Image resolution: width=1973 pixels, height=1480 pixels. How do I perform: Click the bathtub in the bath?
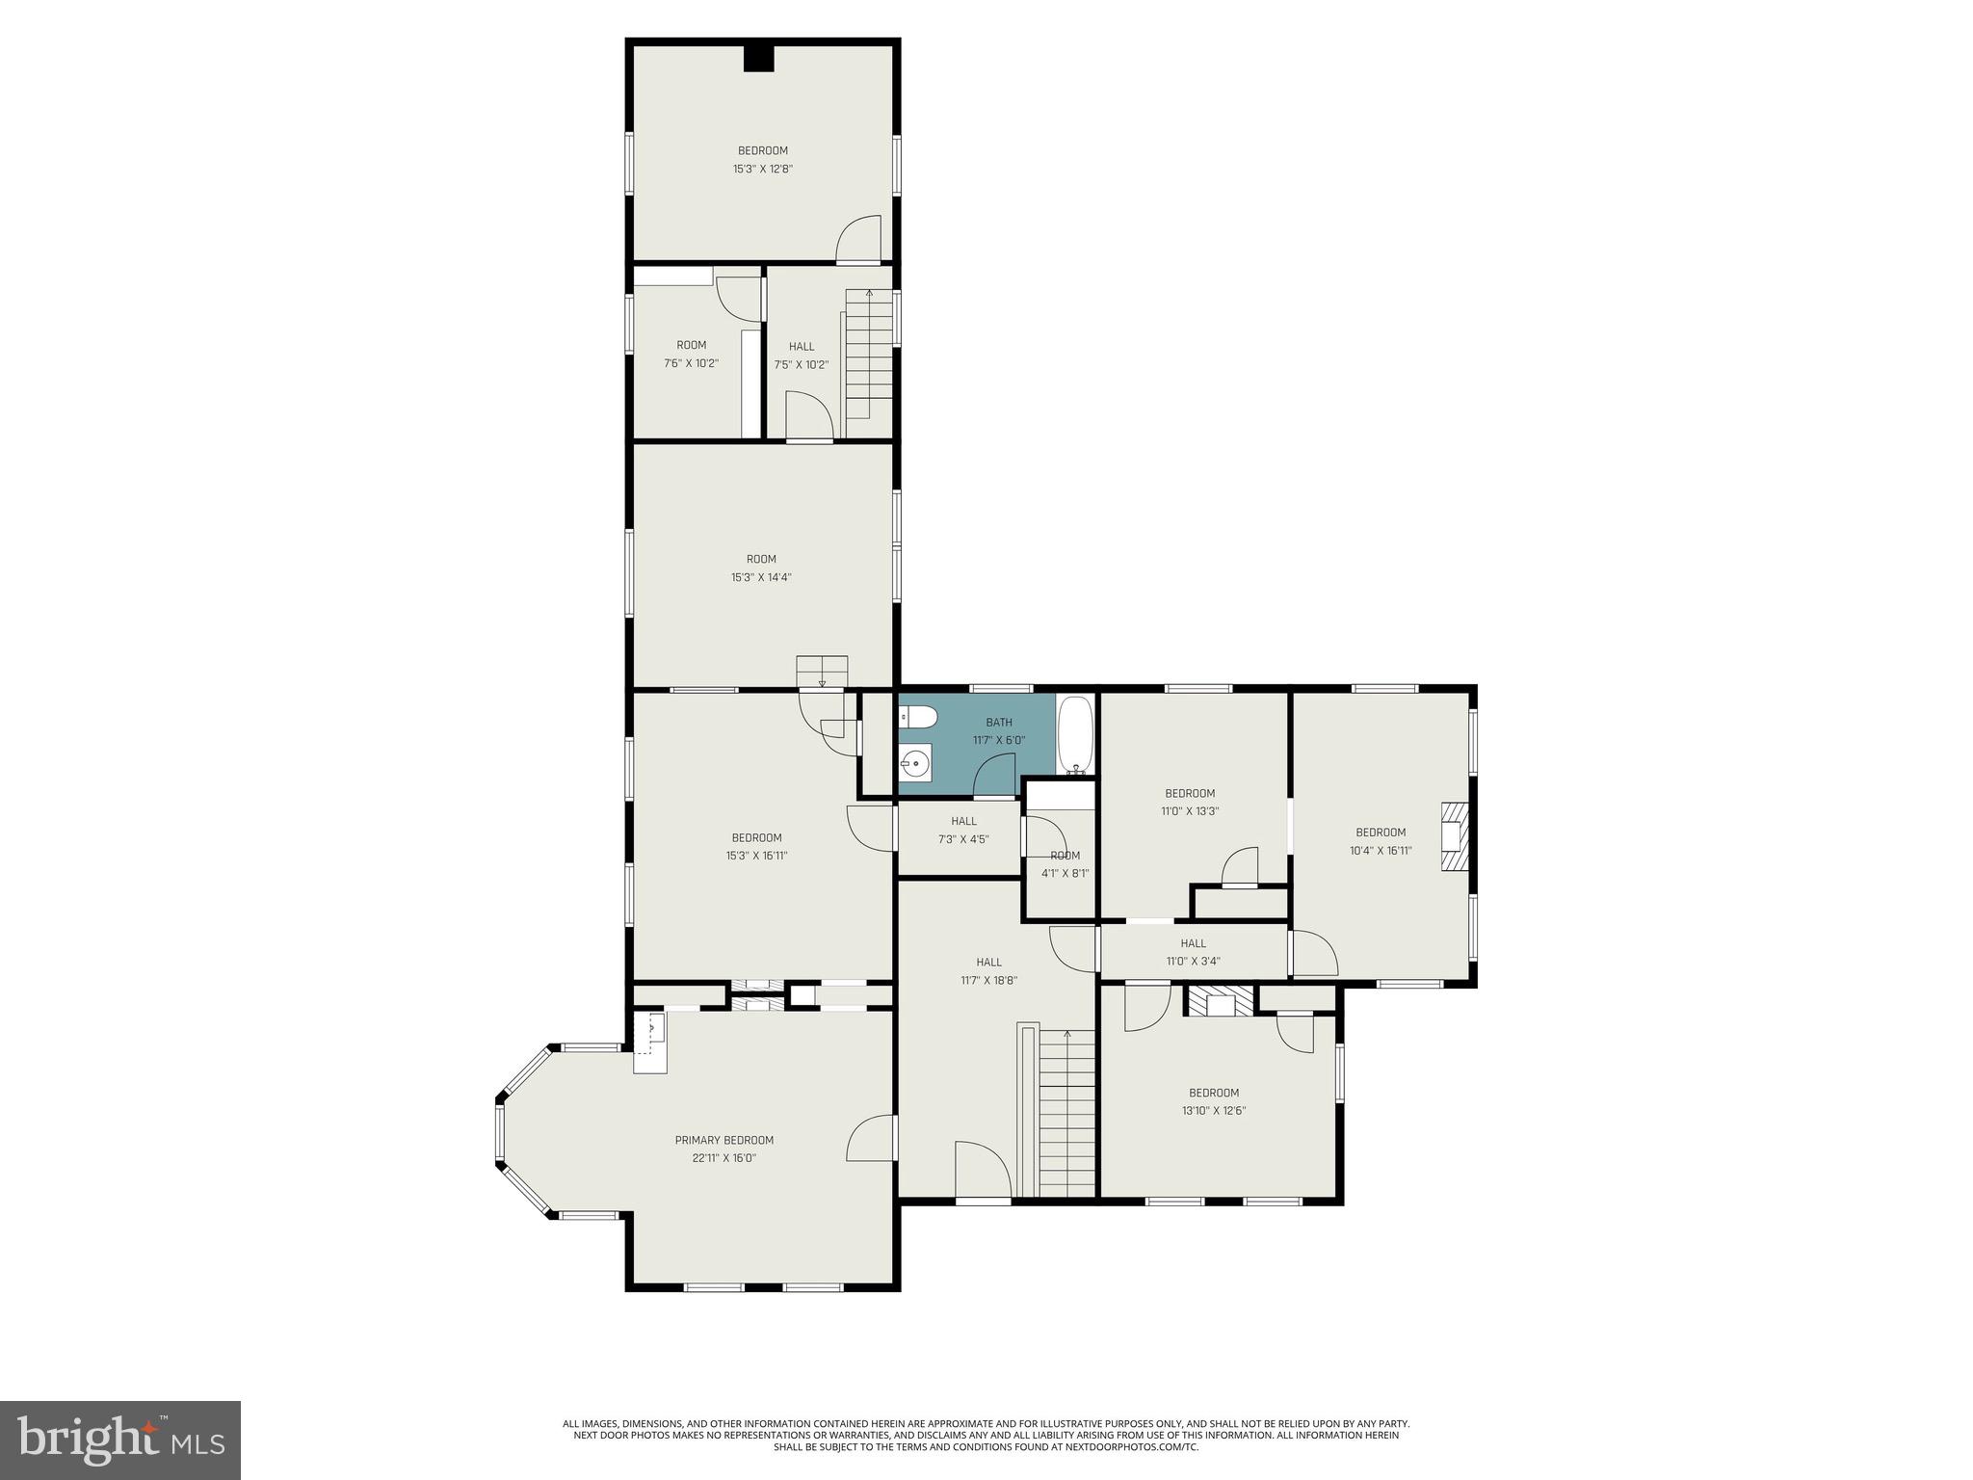click(1075, 734)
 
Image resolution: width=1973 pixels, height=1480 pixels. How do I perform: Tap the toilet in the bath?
click(917, 717)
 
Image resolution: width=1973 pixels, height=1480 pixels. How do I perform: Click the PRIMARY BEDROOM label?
click(723, 1140)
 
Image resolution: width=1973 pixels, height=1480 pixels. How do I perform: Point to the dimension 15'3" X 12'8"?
click(762, 169)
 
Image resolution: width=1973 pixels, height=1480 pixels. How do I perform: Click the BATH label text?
click(998, 723)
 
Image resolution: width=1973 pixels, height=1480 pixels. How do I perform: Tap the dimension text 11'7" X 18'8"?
click(988, 980)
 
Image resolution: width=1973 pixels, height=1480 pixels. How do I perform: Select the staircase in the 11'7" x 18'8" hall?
click(1066, 1113)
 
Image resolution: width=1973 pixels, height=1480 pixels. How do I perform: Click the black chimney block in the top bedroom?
click(759, 59)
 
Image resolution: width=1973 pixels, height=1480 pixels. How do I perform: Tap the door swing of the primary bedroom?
click(872, 1138)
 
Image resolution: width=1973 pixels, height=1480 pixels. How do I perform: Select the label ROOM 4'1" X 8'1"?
click(1065, 864)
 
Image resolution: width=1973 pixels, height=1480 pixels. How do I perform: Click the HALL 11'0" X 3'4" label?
click(1193, 952)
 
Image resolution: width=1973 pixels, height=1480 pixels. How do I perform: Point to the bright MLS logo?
click(120, 1440)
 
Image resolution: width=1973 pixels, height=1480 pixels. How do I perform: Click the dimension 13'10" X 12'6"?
click(1213, 1110)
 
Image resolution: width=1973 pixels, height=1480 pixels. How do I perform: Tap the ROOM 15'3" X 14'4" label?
click(761, 568)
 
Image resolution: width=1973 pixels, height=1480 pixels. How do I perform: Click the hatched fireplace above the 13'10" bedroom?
click(1221, 1001)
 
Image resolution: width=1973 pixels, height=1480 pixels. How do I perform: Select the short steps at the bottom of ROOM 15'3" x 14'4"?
click(822, 671)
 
